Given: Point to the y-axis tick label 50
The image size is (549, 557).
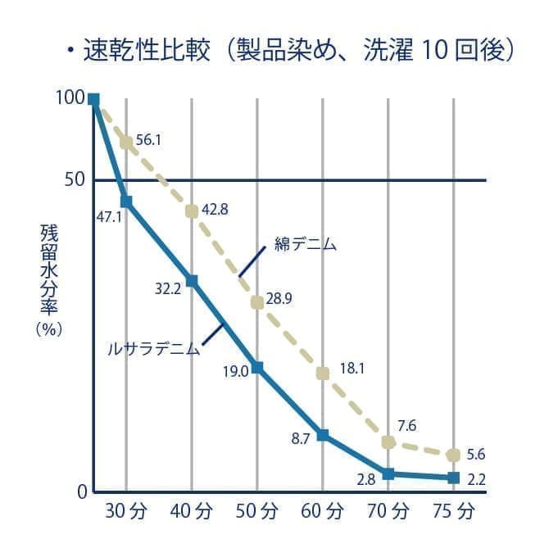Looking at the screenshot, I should point(75,179).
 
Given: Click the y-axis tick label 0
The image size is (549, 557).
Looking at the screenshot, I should point(81,491).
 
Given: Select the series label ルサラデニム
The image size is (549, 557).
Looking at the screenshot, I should point(154,348).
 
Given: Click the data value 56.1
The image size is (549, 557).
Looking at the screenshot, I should point(148,139).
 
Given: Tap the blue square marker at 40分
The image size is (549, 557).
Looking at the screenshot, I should point(192,281).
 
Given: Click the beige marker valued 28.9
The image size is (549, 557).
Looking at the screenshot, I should point(256,302).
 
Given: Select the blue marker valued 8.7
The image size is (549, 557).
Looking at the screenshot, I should point(323,435).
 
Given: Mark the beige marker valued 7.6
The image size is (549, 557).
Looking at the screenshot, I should point(388,442).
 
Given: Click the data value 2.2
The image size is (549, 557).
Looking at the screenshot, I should point(476,480).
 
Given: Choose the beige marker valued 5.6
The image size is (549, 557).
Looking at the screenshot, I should point(453,455).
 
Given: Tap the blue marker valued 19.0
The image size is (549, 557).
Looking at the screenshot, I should point(256,367).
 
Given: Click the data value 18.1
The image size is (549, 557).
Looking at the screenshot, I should point(352,369).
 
